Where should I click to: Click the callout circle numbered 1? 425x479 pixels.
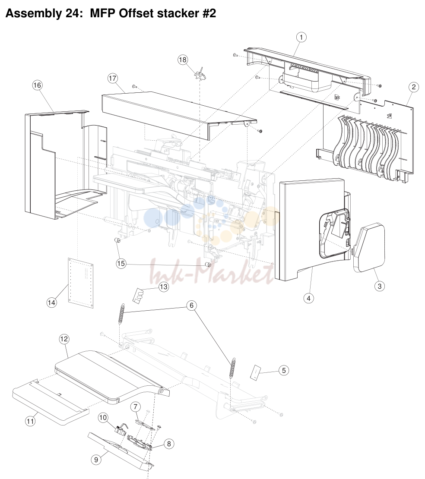click(x=301, y=37)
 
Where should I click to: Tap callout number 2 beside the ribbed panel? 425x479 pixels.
click(x=414, y=87)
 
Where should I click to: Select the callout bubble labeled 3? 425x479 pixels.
click(x=380, y=286)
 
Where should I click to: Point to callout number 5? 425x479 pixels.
click(x=284, y=370)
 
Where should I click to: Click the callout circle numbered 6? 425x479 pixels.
click(x=191, y=305)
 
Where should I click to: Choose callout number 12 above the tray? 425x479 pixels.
click(x=64, y=339)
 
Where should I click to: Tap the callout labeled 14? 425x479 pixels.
click(x=51, y=303)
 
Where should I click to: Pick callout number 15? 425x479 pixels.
click(x=121, y=263)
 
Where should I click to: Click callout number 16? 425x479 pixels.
click(x=37, y=85)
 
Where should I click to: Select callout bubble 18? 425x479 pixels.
click(x=183, y=60)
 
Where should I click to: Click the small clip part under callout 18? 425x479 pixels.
click(x=200, y=75)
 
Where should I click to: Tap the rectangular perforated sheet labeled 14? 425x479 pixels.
click(x=80, y=283)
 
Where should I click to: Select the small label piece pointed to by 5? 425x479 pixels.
click(x=255, y=372)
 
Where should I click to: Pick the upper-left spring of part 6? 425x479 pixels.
click(x=121, y=313)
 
